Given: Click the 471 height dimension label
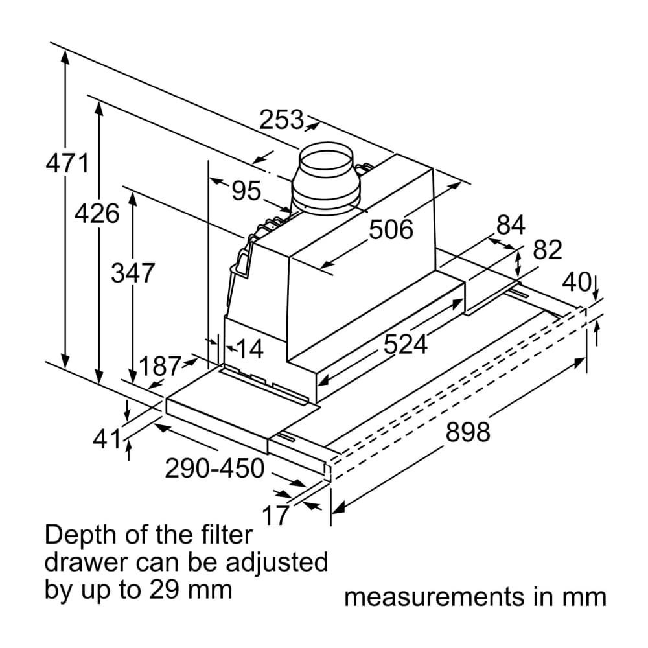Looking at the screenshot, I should [67, 163].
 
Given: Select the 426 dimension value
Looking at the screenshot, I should [97, 213].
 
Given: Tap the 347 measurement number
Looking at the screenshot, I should [133, 273].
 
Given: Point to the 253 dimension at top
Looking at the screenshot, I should [282, 120].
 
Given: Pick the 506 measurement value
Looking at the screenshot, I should [391, 229].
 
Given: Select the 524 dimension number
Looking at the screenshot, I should [406, 345].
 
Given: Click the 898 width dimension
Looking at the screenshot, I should [469, 432].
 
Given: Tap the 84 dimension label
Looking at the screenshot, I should [511, 226].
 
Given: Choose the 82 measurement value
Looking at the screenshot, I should [548, 250].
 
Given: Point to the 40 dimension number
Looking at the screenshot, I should [577, 283].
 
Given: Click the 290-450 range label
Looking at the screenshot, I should [214, 468].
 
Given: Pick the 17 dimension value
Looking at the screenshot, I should [275, 516].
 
